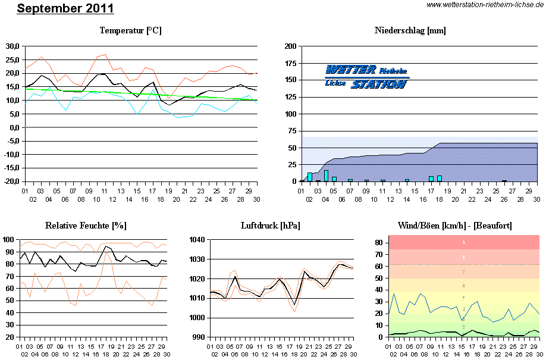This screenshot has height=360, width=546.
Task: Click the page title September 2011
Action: pos(65,9)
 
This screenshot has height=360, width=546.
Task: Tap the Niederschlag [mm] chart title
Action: pos(410,30)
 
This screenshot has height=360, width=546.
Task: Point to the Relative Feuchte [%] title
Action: pos(86,226)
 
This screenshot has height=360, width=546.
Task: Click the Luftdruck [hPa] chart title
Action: pos(271,226)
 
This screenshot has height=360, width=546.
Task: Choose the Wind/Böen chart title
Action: pos(455,226)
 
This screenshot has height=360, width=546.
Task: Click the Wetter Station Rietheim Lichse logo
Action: pos(366,77)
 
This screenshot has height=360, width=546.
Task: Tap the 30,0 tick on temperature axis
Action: pos(12,46)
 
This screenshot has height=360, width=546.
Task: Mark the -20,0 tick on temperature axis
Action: pos(11,181)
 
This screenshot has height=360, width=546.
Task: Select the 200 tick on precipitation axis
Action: pos(291,46)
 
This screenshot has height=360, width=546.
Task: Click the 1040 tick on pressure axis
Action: pos(197,240)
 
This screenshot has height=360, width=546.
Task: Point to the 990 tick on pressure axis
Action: pos(199,337)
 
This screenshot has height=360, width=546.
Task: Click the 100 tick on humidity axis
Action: pos(9,240)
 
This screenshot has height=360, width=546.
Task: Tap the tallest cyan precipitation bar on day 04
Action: pos(326,176)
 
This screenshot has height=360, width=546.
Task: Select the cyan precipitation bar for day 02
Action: pos(310,177)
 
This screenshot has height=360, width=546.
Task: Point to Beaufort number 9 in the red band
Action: pos(463,243)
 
